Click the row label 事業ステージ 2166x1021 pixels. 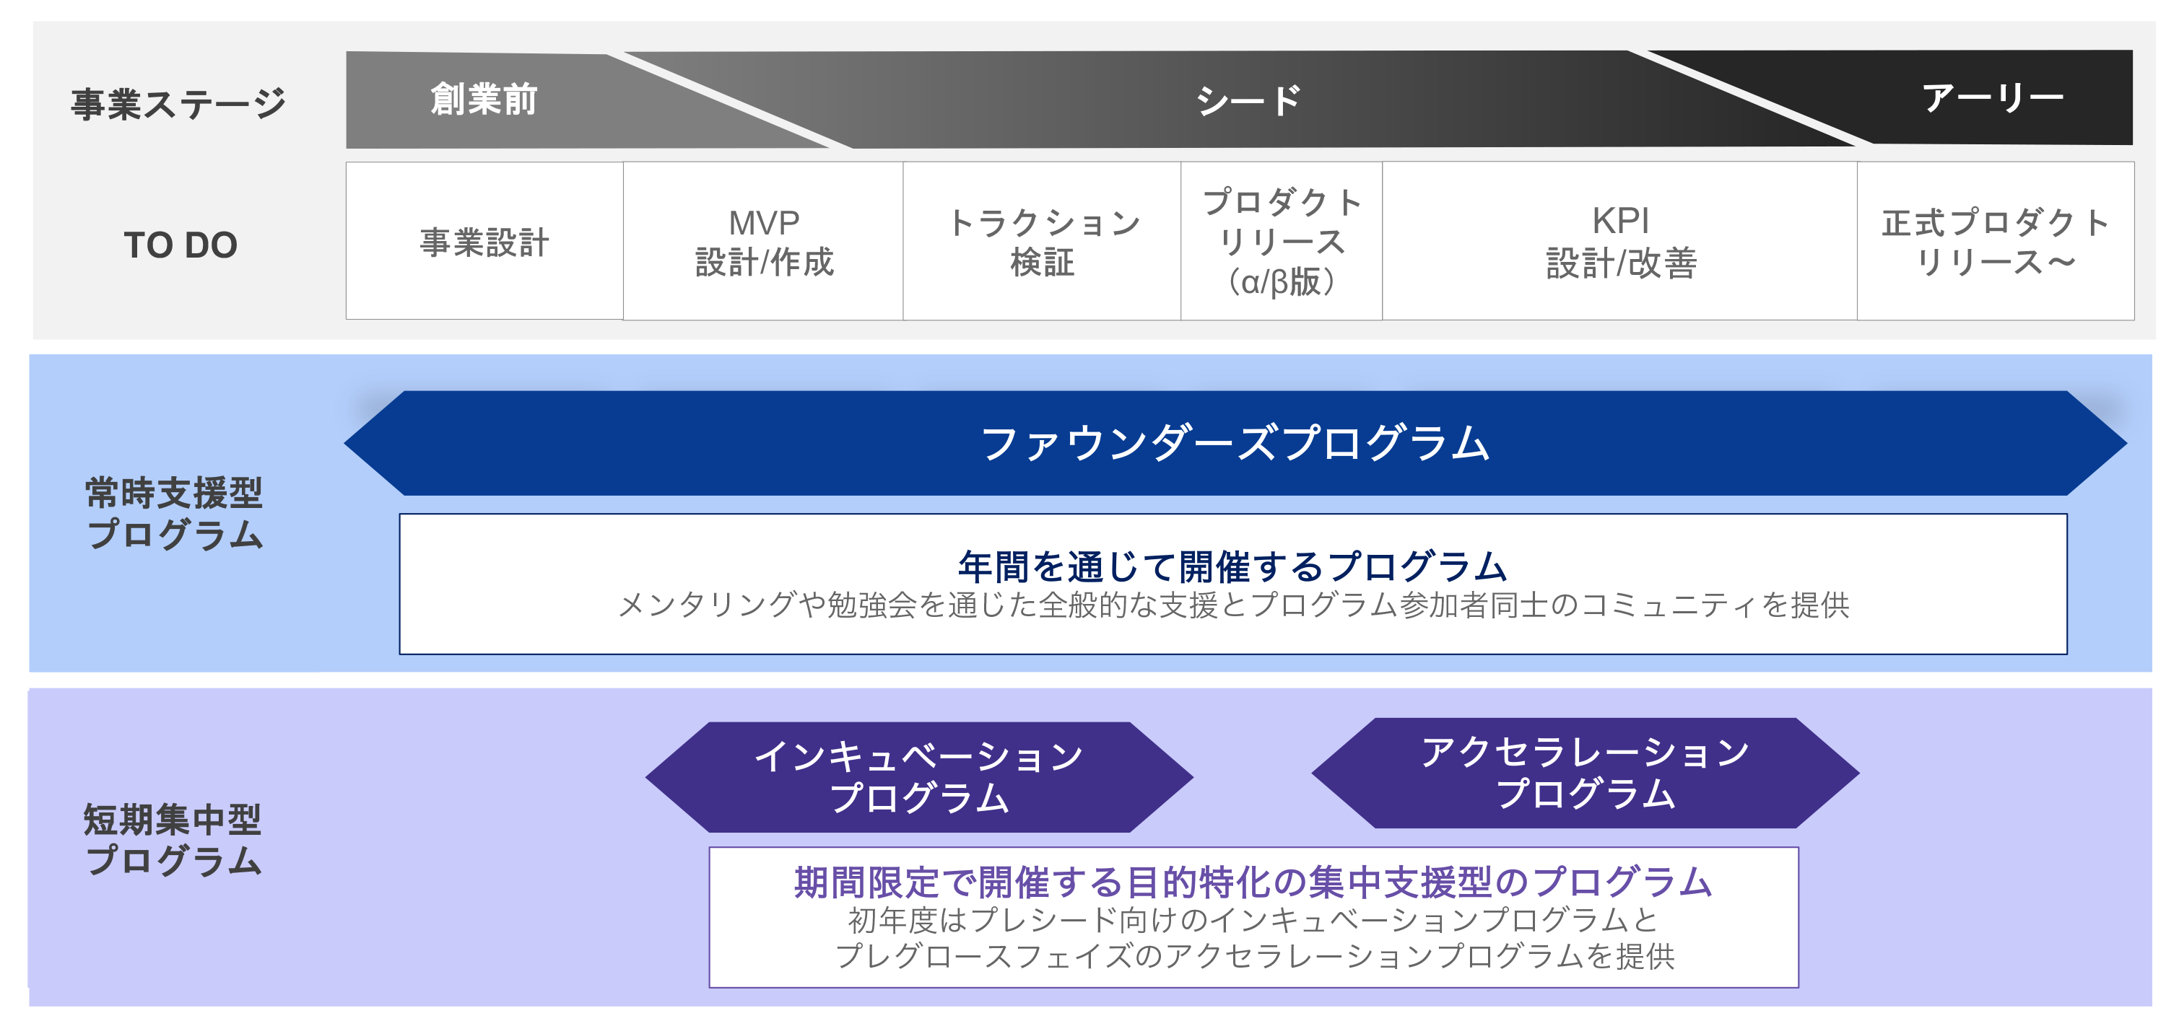[x=178, y=104]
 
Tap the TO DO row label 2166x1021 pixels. [x=180, y=245]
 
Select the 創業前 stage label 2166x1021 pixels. [x=484, y=99]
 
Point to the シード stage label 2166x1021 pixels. [x=1248, y=101]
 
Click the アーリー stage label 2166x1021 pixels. [x=1992, y=98]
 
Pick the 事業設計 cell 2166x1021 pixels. [x=484, y=242]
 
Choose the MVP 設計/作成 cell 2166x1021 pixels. [x=763, y=242]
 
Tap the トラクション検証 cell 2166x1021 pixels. [x=1043, y=242]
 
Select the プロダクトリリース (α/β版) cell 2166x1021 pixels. [x=1282, y=242]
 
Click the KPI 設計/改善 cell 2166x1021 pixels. [x=1620, y=242]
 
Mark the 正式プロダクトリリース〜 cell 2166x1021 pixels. [x=1996, y=242]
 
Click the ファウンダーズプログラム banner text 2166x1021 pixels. [x=1235, y=443]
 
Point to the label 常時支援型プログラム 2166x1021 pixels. [x=174, y=512]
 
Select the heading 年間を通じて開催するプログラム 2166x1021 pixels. [x=1232, y=566]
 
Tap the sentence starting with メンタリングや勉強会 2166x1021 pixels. [x=1232, y=605]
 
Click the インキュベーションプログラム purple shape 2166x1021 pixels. [x=919, y=776]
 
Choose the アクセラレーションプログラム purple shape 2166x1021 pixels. [x=1586, y=773]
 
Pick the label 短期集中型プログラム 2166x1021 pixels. [x=173, y=839]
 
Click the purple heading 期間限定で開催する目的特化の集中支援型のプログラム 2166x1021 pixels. [x=1253, y=882]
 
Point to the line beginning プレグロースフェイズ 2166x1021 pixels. [x=1255, y=956]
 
